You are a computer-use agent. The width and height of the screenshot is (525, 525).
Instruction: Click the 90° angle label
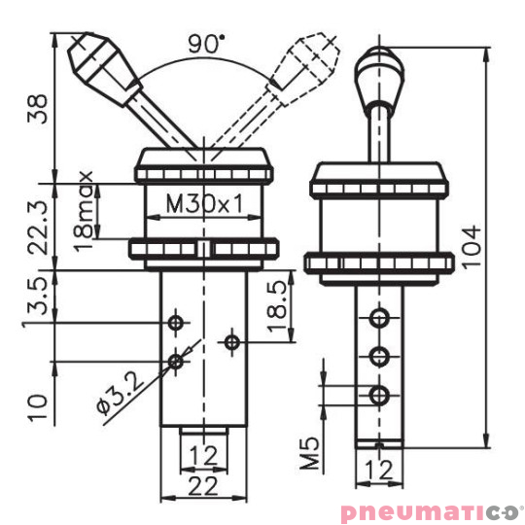[205, 43]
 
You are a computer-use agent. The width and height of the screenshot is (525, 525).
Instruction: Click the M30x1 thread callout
[203, 205]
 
